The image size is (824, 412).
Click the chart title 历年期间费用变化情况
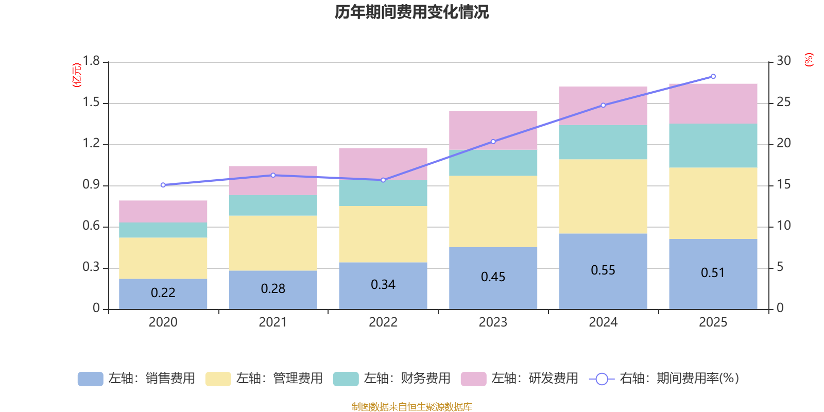(x=411, y=12)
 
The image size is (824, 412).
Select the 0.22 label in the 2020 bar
(x=163, y=293)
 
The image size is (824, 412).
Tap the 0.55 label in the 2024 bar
(x=603, y=270)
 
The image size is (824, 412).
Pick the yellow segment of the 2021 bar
(x=273, y=243)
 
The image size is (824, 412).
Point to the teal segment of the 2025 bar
(x=713, y=145)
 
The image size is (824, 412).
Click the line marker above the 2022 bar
(x=383, y=180)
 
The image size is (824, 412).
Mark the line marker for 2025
(x=713, y=77)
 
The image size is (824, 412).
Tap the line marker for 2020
(x=163, y=185)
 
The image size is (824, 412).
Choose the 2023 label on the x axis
(x=493, y=322)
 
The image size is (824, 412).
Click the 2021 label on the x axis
(x=273, y=322)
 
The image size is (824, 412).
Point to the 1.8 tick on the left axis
(x=92, y=61)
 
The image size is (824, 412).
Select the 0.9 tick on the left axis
(x=92, y=185)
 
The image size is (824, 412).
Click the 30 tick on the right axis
(x=784, y=61)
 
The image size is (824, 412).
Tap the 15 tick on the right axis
(x=784, y=185)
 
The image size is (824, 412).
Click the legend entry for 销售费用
(x=137, y=379)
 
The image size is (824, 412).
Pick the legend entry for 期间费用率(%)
(x=664, y=379)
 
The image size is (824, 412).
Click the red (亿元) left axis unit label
(x=77, y=75)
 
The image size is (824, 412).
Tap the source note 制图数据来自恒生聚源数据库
(x=411, y=407)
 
